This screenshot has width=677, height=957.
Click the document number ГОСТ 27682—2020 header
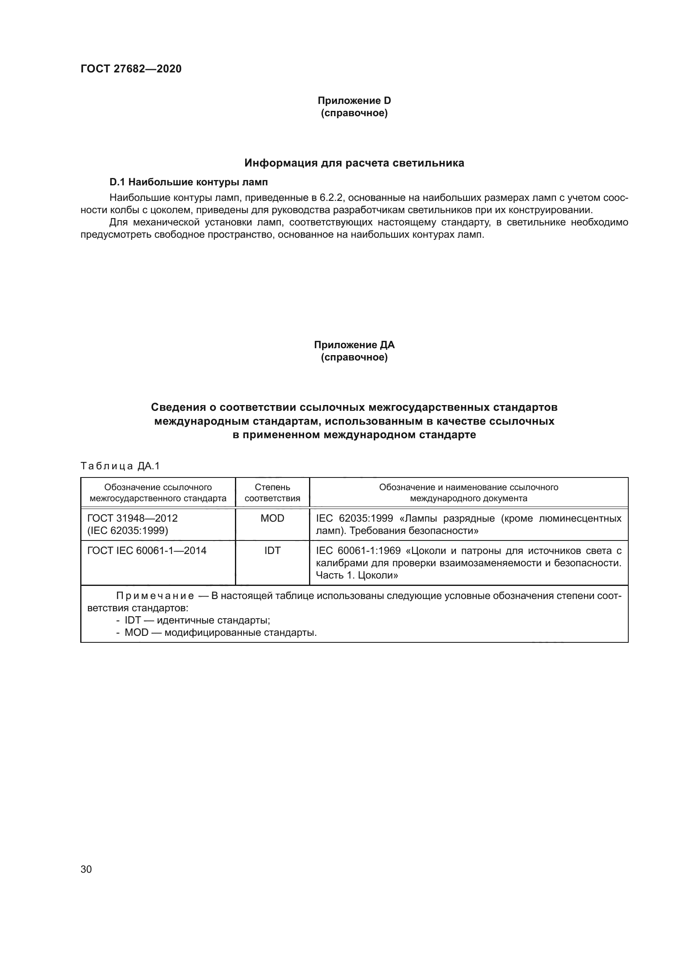(x=131, y=69)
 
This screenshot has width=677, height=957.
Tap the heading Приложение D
(x=354, y=101)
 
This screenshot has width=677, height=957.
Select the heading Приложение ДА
(x=354, y=345)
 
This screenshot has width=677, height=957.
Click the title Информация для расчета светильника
(x=354, y=163)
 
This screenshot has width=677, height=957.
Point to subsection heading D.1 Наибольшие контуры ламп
(x=188, y=182)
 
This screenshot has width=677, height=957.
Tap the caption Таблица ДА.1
(x=120, y=466)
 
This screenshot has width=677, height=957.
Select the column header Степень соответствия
(x=272, y=493)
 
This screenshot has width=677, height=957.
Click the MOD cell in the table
(x=272, y=518)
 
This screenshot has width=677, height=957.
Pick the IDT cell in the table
(x=272, y=551)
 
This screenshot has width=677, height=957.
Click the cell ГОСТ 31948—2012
(x=133, y=518)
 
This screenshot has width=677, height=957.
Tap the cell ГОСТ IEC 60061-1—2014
(x=147, y=551)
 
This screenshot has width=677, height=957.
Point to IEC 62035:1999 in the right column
(x=354, y=518)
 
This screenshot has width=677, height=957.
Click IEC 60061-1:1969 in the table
(x=358, y=551)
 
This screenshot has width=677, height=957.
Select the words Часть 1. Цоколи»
(x=357, y=575)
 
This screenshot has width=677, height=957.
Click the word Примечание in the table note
(x=155, y=596)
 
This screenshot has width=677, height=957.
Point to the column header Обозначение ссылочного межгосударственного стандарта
(x=158, y=493)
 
